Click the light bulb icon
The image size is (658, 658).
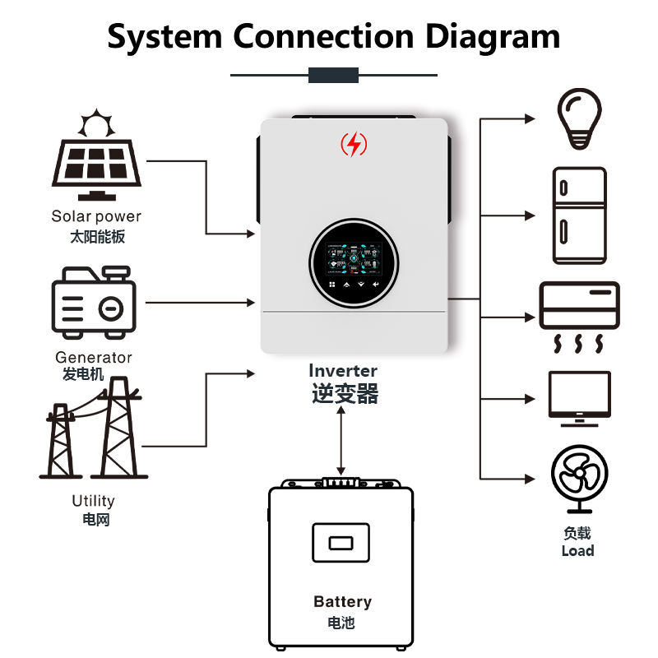[x=579, y=118]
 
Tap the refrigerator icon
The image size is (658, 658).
[x=580, y=215]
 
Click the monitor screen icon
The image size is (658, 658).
[x=580, y=399]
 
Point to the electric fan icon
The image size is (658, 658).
[x=580, y=480]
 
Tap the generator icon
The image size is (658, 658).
[x=94, y=302]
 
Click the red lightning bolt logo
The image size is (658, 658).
[x=354, y=144]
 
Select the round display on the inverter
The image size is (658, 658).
[x=354, y=263]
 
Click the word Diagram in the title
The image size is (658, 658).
[x=493, y=37]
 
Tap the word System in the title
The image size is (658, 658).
[x=164, y=37]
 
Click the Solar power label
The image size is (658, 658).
[x=96, y=216]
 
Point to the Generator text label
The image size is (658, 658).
[x=94, y=358]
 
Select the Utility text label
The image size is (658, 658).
[x=93, y=501]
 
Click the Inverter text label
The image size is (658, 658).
[x=343, y=371]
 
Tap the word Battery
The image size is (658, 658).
[x=342, y=602]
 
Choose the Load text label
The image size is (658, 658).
[x=578, y=550]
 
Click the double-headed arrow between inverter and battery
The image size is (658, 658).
[x=341, y=441]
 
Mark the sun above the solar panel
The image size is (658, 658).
[x=96, y=123]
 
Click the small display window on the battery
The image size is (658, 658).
[x=341, y=543]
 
